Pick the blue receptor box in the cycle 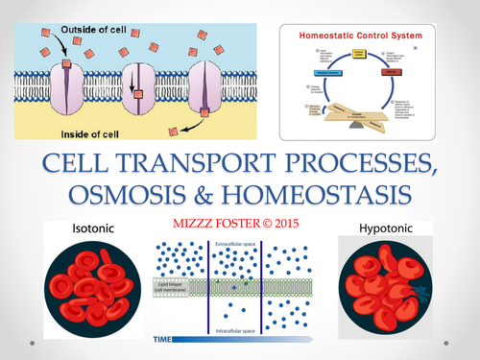[329, 72]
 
